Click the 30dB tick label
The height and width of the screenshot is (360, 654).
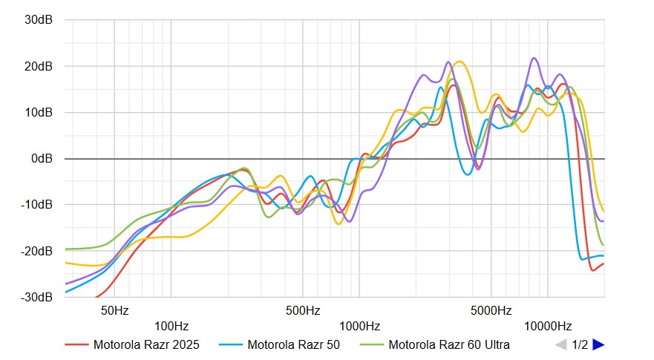point(38,20)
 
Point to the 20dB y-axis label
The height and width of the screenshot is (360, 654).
point(38,66)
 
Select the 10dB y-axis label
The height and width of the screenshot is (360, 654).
point(38,112)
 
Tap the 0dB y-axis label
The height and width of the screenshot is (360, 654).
point(41,159)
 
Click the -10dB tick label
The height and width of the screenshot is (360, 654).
point(36,205)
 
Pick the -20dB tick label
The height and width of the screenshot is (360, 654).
point(36,251)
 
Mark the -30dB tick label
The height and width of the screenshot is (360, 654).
point(36,297)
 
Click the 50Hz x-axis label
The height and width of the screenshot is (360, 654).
point(114,310)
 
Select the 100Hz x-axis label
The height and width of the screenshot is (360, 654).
point(171,326)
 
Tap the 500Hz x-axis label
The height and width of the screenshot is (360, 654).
point(302,310)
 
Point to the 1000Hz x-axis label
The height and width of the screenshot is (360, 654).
point(359,326)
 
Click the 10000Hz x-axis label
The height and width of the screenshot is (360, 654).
point(547,326)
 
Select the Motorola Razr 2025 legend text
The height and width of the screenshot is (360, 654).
point(146,344)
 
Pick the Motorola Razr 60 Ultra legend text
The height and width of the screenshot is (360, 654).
point(449,344)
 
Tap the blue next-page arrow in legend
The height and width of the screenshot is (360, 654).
point(598,344)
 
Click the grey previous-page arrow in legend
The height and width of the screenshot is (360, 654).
point(561,344)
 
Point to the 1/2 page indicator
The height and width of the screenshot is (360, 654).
point(580,344)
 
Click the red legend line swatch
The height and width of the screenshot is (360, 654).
point(76,344)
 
